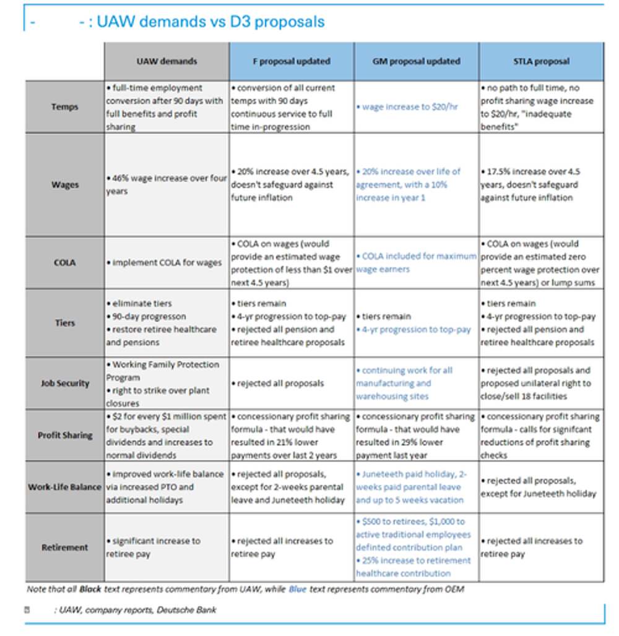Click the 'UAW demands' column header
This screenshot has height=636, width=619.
coord(167,61)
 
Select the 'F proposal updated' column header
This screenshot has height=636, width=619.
coord(292,61)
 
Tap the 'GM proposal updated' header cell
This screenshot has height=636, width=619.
coord(416,61)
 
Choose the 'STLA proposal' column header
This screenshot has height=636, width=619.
coord(541,61)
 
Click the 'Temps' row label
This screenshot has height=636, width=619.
coord(64,106)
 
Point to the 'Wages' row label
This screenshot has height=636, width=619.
coord(64,184)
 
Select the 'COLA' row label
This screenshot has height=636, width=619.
coord(64,262)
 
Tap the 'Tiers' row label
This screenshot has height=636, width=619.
coord(64,322)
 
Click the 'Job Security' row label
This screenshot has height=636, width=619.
coord(64,383)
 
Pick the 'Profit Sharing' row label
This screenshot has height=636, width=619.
coord(64,435)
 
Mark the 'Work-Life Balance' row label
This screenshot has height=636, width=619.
coord(64,487)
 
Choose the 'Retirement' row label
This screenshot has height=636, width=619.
coord(64,547)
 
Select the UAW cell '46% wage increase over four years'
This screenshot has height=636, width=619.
coord(167,184)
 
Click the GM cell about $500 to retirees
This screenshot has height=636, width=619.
coord(413,547)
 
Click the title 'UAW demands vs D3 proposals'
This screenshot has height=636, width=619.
coord(210,22)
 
